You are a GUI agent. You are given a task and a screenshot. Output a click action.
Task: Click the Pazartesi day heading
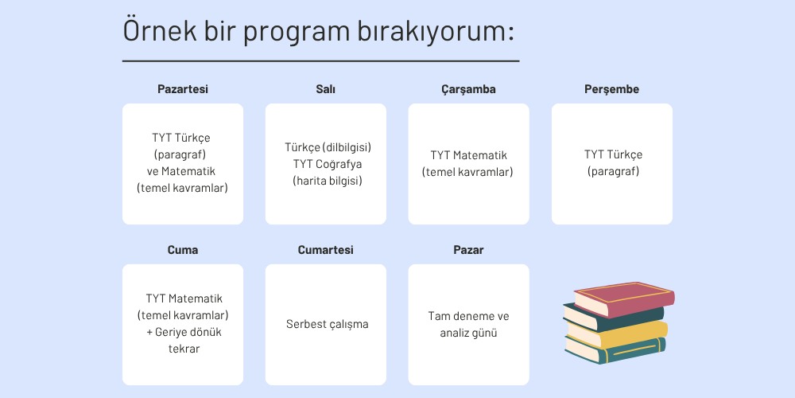coord(183,89)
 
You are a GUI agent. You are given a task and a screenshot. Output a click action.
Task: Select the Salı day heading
coord(325,89)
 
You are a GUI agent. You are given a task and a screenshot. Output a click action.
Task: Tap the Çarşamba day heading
coord(468,89)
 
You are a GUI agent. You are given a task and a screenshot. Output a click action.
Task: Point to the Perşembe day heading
coord(611,89)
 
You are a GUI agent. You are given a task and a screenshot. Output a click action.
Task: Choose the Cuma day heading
coord(183,250)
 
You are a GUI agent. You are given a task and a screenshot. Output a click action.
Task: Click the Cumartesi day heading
coord(325,250)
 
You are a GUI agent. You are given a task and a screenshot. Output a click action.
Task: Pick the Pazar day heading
coord(468,250)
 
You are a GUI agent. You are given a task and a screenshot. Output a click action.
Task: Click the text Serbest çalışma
coord(327,325)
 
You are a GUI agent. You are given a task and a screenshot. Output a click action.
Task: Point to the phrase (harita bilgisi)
coord(328,181)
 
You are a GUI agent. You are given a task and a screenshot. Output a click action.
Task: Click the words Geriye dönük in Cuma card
coord(188,333)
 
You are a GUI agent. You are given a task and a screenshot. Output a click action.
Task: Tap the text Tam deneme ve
coord(468,316)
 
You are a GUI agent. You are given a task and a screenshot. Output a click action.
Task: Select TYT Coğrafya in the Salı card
coord(328,164)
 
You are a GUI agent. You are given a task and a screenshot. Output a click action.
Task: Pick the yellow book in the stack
coord(617,333)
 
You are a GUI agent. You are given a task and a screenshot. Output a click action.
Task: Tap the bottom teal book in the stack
coord(615,349)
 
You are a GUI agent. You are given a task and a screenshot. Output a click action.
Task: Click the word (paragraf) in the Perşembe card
coord(614,172)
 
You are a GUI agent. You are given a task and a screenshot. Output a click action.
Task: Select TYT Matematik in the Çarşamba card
coord(468,155)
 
